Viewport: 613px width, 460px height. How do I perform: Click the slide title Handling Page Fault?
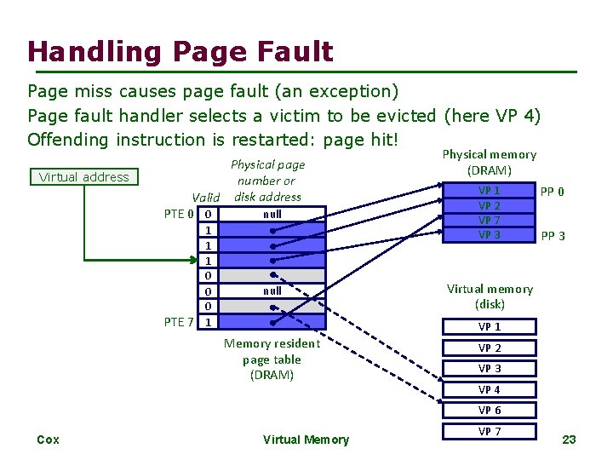[x=180, y=52]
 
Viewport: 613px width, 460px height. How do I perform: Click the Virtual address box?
[x=83, y=177]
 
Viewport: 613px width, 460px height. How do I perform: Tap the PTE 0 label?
[x=179, y=213]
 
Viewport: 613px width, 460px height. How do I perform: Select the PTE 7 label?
[x=179, y=321]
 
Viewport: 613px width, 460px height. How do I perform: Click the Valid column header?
[x=206, y=197]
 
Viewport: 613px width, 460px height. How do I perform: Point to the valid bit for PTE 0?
[x=209, y=214]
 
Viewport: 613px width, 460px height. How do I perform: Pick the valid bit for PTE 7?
[x=209, y=322]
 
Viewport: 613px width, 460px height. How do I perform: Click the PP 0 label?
[x=553, y=192]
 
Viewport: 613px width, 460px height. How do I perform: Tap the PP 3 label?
[x=553, y=236]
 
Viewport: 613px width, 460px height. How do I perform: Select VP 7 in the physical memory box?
[x=489, y=221]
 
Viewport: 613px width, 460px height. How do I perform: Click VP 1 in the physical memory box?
[x=489, y=191]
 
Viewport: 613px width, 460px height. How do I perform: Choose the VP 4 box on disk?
[x=489, y=389]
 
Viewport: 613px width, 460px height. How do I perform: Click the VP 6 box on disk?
[x=489, y=411]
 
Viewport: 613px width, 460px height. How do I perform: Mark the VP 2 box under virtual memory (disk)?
[x=489, y=348]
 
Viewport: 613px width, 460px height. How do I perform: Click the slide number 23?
[x=569, y=440]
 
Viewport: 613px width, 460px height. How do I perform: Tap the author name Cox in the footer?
[x=49, y=440]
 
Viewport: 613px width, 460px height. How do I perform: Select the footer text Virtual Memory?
[x=306, y=440]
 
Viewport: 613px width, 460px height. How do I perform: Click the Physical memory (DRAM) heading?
[x=489, y=162]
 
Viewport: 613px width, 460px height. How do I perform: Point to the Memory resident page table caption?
[x=272, y=359]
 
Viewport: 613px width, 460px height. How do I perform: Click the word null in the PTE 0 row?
[x=272, y=214]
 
